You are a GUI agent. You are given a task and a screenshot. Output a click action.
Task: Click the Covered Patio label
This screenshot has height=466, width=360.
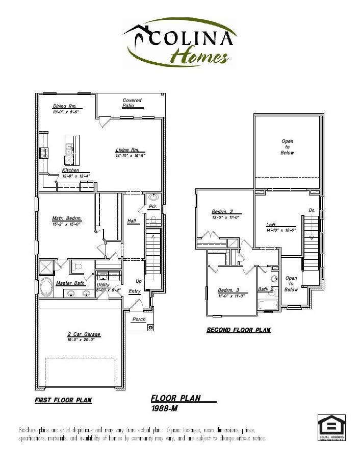[132, 103]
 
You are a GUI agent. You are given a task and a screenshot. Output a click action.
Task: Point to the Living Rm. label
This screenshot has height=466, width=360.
[127, 150]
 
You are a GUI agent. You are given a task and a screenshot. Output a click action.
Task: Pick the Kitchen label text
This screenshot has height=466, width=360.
[71, 170]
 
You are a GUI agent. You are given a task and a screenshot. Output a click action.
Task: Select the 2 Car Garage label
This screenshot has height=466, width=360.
[84, 334]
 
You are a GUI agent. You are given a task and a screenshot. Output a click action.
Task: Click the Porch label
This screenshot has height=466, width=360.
[139, 320]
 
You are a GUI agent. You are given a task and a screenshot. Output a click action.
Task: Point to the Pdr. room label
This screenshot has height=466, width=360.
[152, 207]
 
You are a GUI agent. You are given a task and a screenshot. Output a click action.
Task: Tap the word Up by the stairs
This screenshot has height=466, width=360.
[138, 281]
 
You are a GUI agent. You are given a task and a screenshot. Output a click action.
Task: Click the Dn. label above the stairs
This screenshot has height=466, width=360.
[312, 210]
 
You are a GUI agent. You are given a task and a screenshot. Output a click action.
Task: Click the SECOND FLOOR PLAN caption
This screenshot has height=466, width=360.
[238, 330]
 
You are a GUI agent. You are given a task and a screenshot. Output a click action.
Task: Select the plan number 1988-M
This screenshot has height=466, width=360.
[164, 409]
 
